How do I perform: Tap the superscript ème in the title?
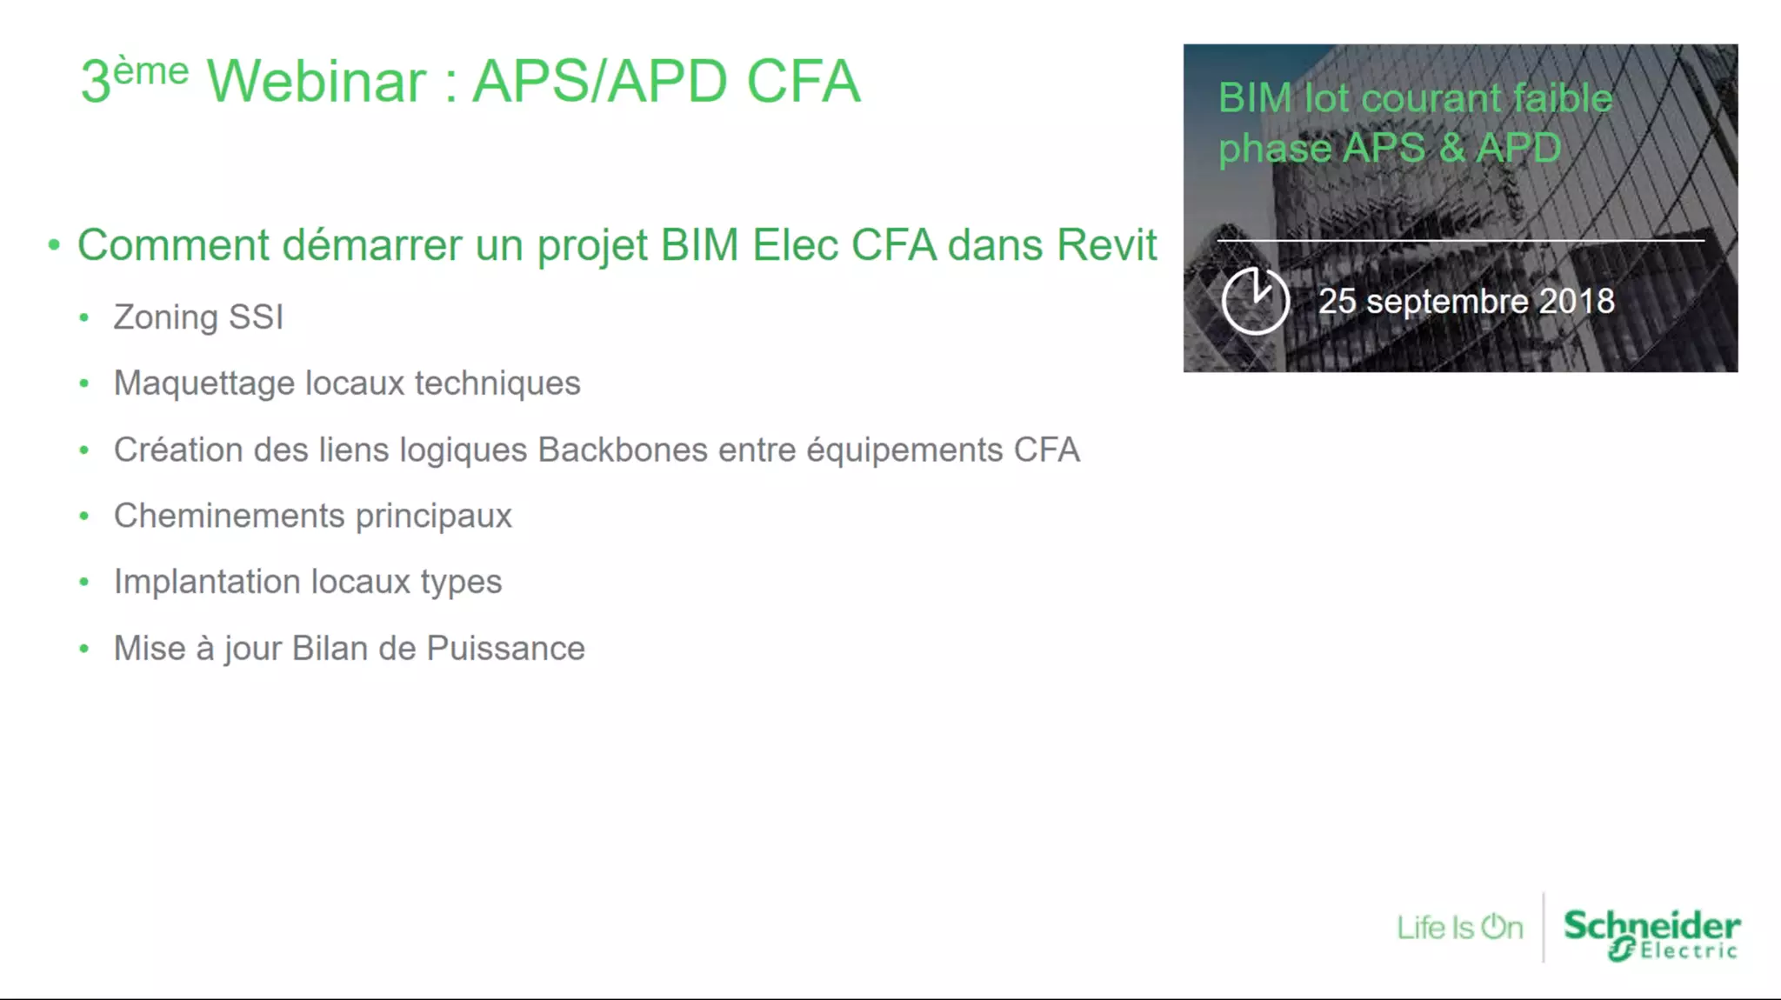coord(150,71)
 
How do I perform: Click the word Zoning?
coord(165,317)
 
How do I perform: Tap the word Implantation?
coord(206,582)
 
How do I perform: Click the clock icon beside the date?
coord(1255,301)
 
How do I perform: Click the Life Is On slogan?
coord(1459,928)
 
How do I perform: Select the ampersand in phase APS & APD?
coord(1451,148)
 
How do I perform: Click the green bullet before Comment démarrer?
coord(54,245)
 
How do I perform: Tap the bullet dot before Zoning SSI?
coord(83,318)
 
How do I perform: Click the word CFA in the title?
coord(803,82)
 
